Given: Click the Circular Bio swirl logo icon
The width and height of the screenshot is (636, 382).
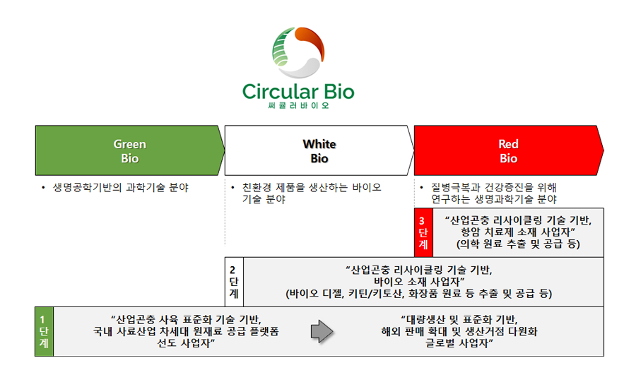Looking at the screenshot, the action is pyautogui.click(x=298, y=52).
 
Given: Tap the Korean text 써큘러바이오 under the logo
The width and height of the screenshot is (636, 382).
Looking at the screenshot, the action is pyautogui.click(x=298, y=105).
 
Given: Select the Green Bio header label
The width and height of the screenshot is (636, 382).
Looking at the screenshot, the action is pyautogui.click(x=130, y=151).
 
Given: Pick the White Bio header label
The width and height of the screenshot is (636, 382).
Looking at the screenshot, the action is pyautogui.click(x=319, y=151).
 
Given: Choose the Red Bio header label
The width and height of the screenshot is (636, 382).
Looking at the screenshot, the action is pyautogui.click(x=508, y=151).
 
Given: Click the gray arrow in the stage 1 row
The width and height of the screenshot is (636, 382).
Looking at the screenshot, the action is pyautogui.click(x=322, y=331).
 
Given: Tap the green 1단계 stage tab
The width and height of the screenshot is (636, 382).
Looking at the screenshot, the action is pyautogui.click(x=45, y=332).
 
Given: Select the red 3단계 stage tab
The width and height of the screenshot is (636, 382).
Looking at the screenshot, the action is pyautogui.click(x=423, y=232).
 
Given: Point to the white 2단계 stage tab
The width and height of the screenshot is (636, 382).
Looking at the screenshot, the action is pyautogui.click(x=234, y=282).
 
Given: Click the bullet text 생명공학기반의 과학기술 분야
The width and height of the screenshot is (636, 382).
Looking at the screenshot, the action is pyautogui.click(x=121, y=188).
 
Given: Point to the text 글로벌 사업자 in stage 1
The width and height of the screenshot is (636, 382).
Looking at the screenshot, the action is pyautogui.click(x=457, y=343).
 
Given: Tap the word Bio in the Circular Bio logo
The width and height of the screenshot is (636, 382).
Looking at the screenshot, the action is pyautogui.click(x=339, y=92).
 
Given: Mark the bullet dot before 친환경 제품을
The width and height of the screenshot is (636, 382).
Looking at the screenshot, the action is pyautogui.click(x=232, y=188).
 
